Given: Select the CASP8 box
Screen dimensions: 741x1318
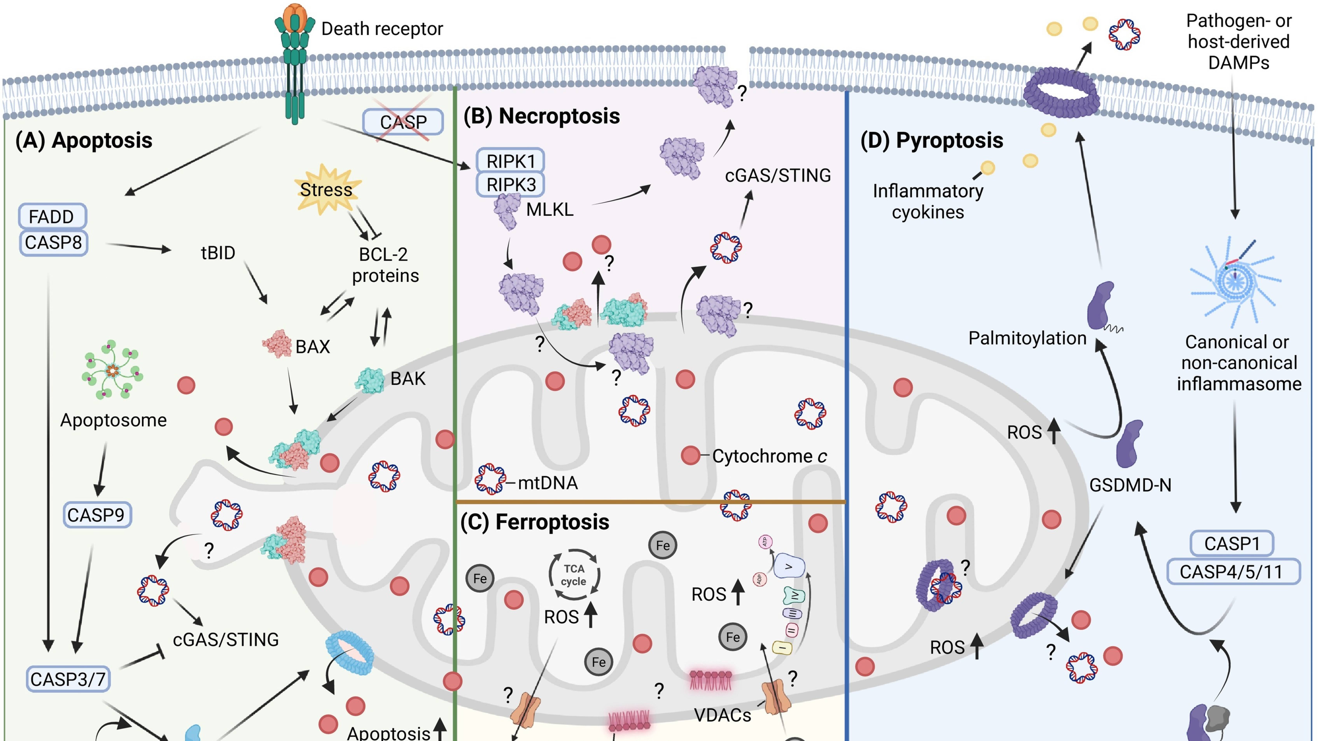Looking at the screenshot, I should [53, 242].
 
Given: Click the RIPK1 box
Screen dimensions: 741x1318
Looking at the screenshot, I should [510, 161].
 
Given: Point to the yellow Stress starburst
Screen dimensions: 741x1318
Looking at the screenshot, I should [326, 189].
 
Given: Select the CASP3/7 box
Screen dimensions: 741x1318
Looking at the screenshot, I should [67, 679].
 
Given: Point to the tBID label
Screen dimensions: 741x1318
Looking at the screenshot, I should [218, 253].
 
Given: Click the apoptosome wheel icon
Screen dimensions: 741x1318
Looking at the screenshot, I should [113, 369].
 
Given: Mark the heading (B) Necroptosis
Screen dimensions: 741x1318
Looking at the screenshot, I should [541, 116].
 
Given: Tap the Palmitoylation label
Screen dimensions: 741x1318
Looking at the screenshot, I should [1027, 338].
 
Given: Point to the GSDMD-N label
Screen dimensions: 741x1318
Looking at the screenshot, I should [1130, 485].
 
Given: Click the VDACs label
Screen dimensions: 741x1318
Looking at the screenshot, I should [722, 715].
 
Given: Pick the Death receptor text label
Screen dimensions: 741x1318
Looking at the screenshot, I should [382, 29].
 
